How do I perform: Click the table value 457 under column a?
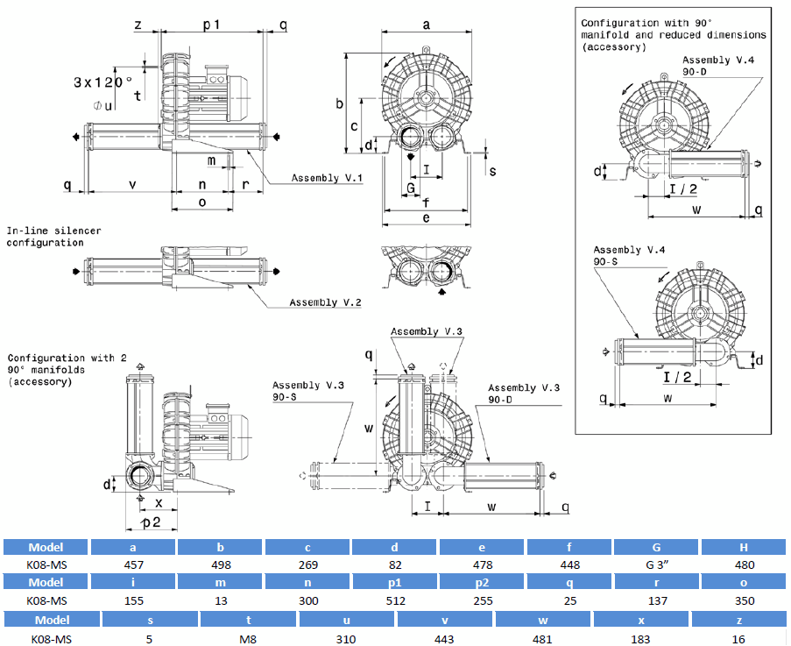(134, 564)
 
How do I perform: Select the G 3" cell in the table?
(657, 564)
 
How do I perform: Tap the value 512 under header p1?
(396, 600)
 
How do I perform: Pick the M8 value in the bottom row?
(248, 640)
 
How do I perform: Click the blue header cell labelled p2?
(482, 582)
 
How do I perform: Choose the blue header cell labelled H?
(744, 547)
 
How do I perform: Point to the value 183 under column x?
(640, 640)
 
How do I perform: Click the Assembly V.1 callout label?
(327, 178)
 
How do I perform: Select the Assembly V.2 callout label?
(325, 302)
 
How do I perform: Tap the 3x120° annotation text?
(103, 82)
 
